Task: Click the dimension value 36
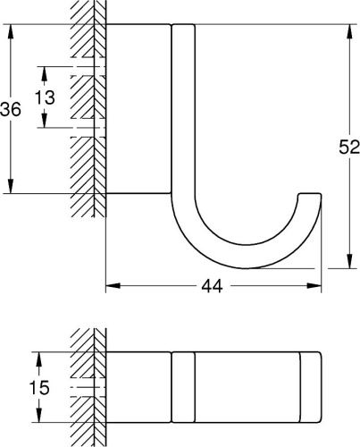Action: pyautogui.click(x=11, y=109)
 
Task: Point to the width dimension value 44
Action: pyautogui.click(x=213, y=286)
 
